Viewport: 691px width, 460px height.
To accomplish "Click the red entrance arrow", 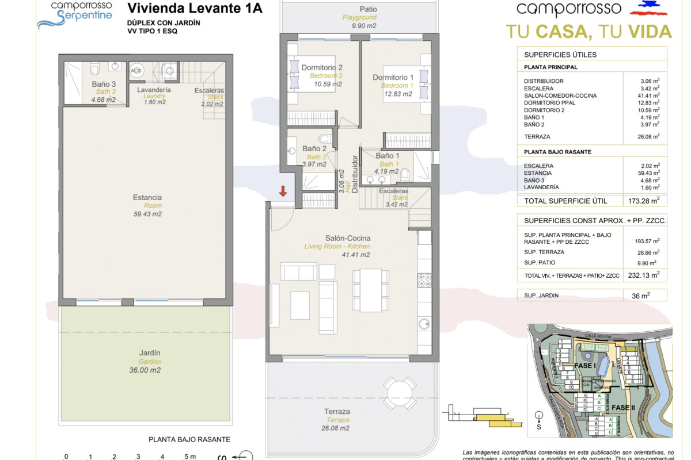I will pos(283,191).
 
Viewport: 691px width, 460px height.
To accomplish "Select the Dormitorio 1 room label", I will pos(393,78).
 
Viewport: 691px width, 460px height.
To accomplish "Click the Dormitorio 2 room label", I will pos(322,68).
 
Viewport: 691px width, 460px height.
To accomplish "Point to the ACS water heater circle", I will pos(136,71).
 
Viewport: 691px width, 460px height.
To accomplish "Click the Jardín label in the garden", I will pos(149,353).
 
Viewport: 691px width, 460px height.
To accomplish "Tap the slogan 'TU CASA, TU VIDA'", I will pos(589,31).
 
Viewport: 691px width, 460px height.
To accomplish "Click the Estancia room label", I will pos(147,197).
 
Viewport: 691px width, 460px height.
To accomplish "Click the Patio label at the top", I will pos(368,9).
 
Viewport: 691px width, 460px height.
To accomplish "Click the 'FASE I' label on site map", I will pos(586,366).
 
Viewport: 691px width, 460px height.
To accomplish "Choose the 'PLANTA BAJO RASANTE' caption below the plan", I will pos(189,439).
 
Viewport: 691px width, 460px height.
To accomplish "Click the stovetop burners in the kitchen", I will pos(424,280).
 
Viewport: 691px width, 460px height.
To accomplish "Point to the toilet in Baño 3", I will pos(96,70).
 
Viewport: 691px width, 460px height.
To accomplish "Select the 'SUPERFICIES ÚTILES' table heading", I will pos(560,55).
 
